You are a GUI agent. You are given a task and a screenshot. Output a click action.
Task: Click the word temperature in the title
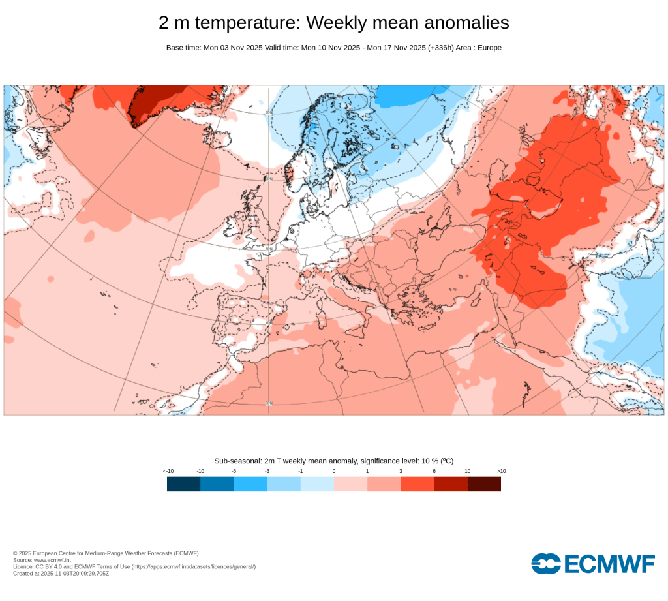(x=248, y=23)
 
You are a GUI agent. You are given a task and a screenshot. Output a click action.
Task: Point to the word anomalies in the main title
(x=466, y=23)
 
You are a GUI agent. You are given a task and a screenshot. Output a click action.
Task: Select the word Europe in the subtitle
(x=489, y=48)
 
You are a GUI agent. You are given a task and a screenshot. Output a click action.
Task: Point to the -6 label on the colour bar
(x=234, y=471)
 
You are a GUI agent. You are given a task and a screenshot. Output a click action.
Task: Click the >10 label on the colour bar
(x=501, y=471)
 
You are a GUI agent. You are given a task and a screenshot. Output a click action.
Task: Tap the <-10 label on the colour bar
(x=168, y=471)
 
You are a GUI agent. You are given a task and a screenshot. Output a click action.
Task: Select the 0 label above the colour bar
(x=334, y=471)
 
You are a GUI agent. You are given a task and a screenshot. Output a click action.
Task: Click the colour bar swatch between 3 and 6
(x=417, y=484)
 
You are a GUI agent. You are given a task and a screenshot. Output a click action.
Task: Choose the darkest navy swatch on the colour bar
(x=183, y=484)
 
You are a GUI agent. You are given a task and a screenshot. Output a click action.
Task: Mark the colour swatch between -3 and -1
(x=284, y=484)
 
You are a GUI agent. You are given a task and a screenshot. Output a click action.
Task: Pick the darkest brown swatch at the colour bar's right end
(x=484, y=484)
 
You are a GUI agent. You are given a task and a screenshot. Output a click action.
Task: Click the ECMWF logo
(x=592, y=563)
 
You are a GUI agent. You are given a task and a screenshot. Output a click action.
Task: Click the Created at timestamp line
(x=61, y=574)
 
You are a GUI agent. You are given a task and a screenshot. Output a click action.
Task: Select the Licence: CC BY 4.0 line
(x=134, y=567)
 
